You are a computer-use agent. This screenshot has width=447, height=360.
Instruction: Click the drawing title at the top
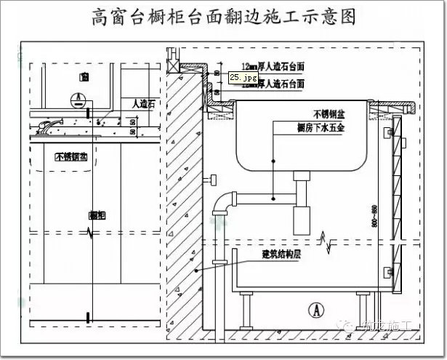tap(224, 17)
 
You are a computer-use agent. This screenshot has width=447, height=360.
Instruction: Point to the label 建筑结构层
tap(283, 255)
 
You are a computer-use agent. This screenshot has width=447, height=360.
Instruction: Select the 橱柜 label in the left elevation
tap(96, 215)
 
